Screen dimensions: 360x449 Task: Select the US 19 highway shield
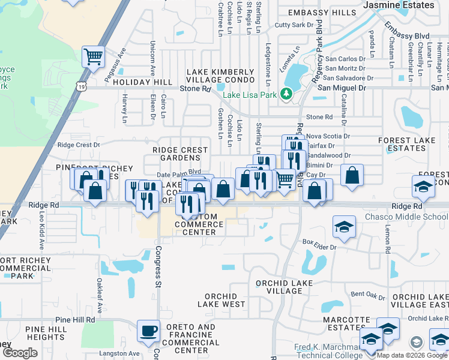coord(80,87)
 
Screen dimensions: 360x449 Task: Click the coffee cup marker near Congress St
coord(148,330)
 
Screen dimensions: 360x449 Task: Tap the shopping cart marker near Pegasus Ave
coord(93,57)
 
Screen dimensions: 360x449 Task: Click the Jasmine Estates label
coord(400,5)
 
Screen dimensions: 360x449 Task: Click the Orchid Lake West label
coord(225,300)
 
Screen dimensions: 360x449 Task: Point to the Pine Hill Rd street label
coord(75,320)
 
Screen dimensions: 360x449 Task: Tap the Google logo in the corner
coord(20,352)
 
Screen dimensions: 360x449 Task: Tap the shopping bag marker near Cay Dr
coord(352,175)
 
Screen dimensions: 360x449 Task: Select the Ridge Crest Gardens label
coord(176,154)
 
